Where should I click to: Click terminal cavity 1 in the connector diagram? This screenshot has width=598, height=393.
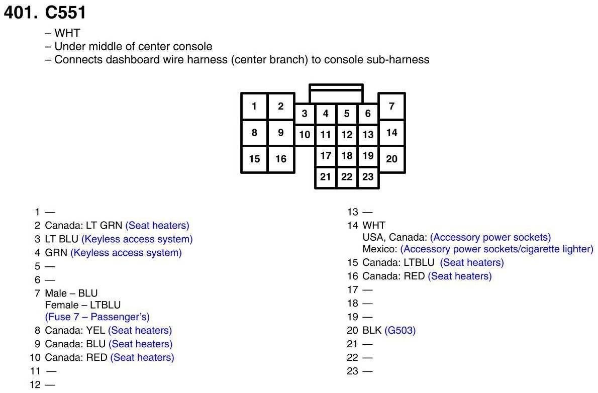point(254,106)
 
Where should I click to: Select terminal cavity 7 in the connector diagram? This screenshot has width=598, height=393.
point(391,106)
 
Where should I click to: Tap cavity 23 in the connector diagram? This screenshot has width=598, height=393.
point(368,177)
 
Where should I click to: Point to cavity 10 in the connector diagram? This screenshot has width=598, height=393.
point(305,135)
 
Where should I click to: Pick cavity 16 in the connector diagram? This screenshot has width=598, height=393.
point(280,159)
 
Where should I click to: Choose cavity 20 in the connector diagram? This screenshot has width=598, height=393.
point(391,159)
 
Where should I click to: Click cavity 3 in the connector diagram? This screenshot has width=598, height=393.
point(305,114)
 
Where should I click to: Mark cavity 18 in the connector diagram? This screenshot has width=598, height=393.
point(347,156)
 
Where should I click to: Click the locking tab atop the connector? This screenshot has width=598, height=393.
point(336,94)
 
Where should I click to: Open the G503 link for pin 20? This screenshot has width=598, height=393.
point(400,331)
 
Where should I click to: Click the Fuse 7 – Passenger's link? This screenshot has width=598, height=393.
point(97,317)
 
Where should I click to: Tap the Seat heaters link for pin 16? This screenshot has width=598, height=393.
point(460,276)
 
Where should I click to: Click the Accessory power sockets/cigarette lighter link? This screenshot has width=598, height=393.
point(496,249)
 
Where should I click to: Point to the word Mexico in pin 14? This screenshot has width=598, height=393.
point(377,249)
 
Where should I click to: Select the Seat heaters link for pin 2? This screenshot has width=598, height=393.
point(157,226)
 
